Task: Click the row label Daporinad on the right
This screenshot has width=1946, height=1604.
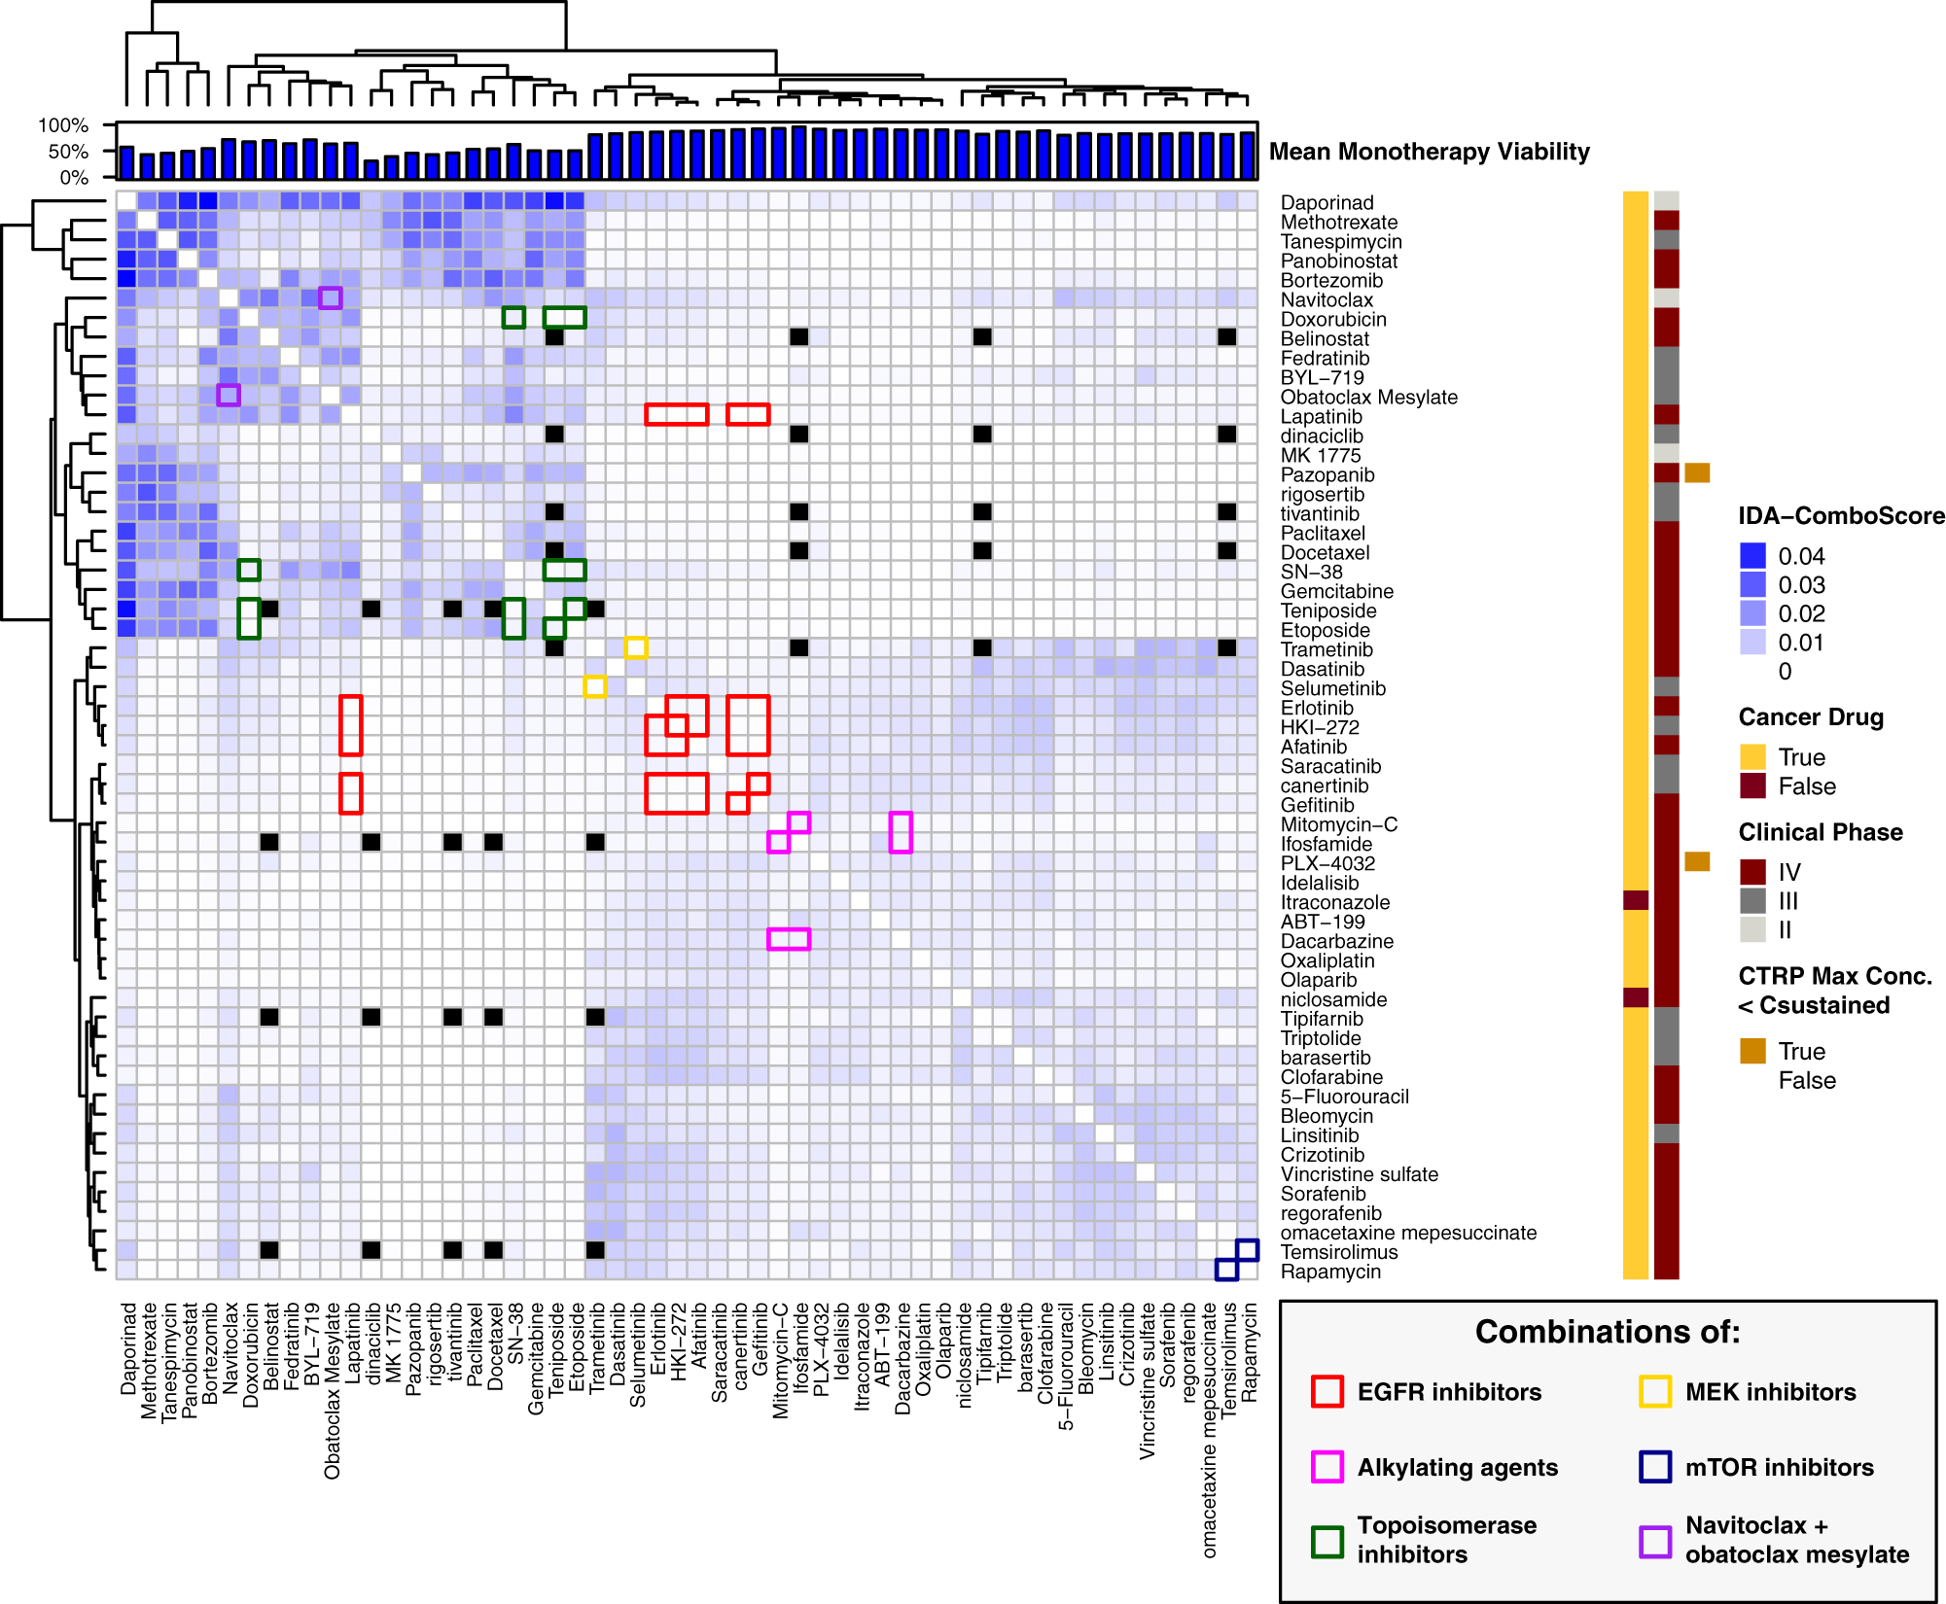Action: [x=1327, y=203]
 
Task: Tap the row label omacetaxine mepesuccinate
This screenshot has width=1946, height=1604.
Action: [x=1408, y=1234]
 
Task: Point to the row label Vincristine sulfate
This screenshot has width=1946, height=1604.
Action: [x=1359, y=1175]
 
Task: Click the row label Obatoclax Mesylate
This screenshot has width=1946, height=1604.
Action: [x=1368, y=398]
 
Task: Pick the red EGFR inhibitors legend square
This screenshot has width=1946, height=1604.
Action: [x=1327, y=1392]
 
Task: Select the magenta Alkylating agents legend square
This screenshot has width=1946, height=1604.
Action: [x=1327, y=1467]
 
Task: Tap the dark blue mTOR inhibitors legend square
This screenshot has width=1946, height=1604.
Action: [x=1655, y=1467]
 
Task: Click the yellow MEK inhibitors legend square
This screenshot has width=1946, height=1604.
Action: [x=1655, y=1392]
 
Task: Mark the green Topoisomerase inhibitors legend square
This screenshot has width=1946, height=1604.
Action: [x=1327, y=1541]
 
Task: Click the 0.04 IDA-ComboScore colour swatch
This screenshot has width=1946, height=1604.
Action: [x=1752, y=556]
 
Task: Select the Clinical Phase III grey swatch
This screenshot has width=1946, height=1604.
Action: [x=1752, y=901]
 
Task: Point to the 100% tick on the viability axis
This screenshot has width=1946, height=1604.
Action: [x=63, y=125]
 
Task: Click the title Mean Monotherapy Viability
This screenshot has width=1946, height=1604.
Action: [x=1429, y=152]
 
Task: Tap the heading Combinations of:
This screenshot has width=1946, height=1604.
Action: [x=1607, y=1332]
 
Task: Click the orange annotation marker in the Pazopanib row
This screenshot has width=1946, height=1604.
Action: [x=1697, y=473]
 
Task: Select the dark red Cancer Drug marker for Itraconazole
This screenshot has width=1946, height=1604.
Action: [x=1636, y=901]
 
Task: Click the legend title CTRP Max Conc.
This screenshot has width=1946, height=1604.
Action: [x=1834, y=976]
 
